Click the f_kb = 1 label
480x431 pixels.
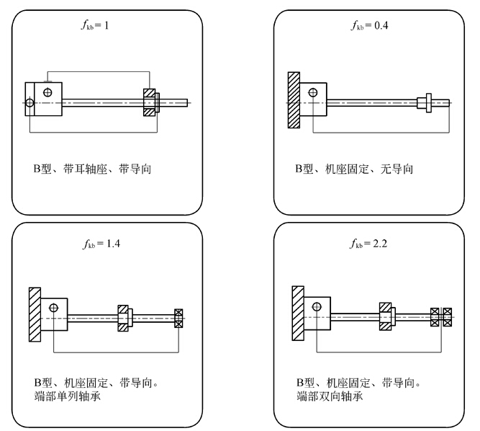(x=98, y=26)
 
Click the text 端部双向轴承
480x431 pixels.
(x=326, y=396)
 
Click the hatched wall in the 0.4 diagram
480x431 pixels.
(x=293, y=100)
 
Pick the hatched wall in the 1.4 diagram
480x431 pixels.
(x=35, y=315)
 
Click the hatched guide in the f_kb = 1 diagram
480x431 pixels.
(x=149, y=103)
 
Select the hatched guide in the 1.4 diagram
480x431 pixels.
(x=124, y=317)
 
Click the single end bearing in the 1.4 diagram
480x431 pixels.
(x=178, y=318)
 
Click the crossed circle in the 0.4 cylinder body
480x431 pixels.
(x=314, y=92)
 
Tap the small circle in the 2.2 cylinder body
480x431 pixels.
(x=317, y=306)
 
